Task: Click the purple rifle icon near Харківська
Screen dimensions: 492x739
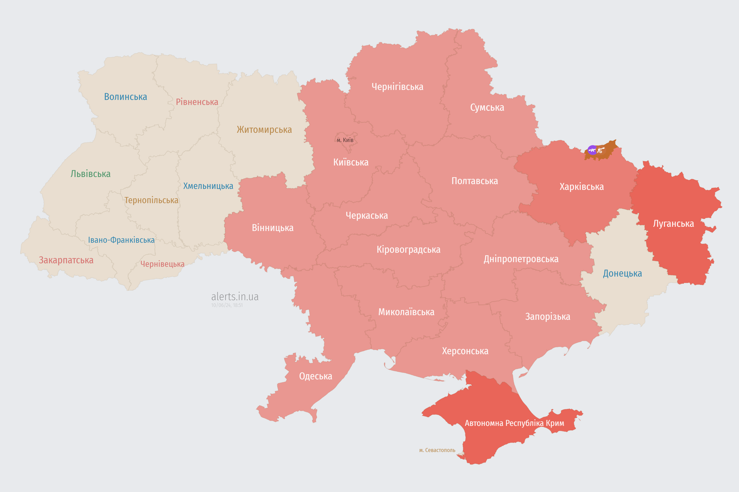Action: click(x=592, y=150)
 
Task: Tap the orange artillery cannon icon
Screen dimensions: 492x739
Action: click(x=601, y=150)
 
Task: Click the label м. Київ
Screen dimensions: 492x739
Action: click(x=345, y=140)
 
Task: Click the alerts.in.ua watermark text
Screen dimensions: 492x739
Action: click(x=235, y=297)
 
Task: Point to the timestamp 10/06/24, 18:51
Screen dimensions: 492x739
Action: click(x=227, y=305)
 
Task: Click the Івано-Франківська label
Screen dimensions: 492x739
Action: click(x=121, y=240)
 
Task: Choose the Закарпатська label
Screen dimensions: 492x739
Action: click(x=66, y=260)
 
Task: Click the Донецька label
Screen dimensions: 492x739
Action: click(x=622, y=273)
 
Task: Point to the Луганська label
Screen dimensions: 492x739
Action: click(x=673, y=224)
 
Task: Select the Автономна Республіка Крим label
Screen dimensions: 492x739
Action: click(x=514, y=423)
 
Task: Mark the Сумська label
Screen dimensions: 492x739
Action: click(x=487, y=108)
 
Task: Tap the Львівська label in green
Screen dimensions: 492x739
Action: click(x=90, y=174)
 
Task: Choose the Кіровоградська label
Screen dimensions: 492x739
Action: click(x=408, y=250)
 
